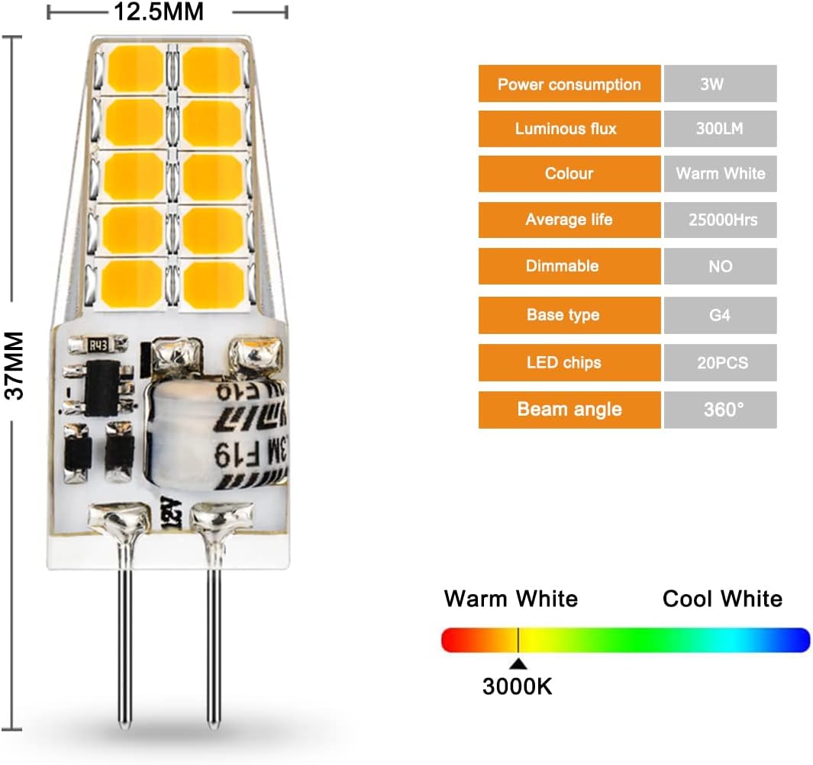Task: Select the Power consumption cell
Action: point(569,84)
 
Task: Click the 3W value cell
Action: point(720,84)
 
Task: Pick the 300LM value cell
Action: point(720,129)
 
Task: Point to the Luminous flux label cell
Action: point(569,129)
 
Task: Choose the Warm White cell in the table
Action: point(720,174)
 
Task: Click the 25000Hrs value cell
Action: point(720,220)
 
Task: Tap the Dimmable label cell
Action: point(569,266)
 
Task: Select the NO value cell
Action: point(720,266)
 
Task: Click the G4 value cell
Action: point(720,314)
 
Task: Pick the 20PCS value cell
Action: point(720,362)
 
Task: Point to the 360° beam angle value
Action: point(720,409)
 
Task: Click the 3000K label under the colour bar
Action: point(517,686)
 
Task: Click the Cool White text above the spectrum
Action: point(722,599)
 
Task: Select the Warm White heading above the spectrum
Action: point(511,599)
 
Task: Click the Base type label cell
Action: point(569,314)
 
